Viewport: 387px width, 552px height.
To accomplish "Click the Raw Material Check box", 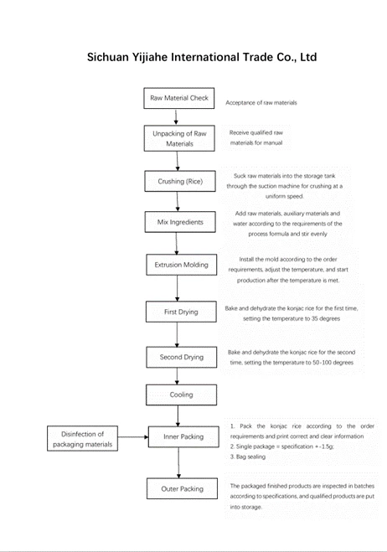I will pos(178,98).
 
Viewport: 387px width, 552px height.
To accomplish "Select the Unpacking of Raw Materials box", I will pos(178,138).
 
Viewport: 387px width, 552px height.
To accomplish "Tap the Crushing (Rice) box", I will pos(178,181).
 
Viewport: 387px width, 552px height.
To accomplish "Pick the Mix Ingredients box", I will pos(178,222).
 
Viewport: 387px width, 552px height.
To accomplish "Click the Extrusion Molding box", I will pos(178,266).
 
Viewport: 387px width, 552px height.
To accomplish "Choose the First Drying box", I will pos(178,312).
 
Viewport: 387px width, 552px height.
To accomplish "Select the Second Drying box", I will pos(178,357).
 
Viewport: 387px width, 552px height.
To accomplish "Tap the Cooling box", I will pos(178,395).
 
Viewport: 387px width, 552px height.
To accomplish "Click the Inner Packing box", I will pos(178,437).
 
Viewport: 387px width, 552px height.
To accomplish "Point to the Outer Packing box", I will pos(178,488).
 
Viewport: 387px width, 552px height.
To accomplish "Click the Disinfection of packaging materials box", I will pos(82,438).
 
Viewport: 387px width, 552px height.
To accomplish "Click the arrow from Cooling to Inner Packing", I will pos(178,415).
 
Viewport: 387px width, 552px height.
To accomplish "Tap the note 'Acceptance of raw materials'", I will pos(261,102).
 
